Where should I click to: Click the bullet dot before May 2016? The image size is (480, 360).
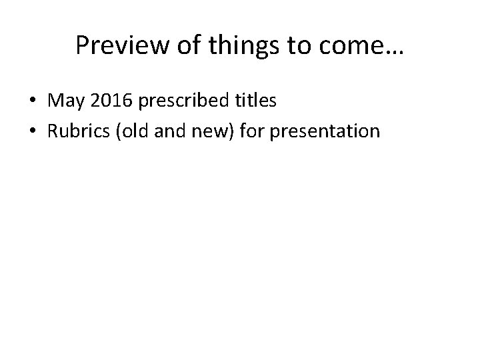[x=31, y=102]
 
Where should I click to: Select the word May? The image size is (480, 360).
[x=63, y=102]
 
